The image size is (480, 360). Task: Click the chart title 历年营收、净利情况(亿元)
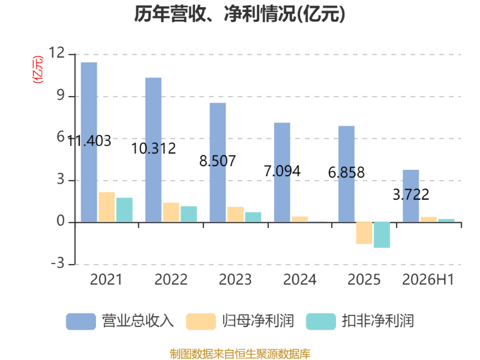click(239, 14)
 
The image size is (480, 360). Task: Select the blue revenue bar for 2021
click(89, 142)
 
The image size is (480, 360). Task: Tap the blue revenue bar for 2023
click(218, 163)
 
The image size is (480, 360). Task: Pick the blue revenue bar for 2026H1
click(411, 196)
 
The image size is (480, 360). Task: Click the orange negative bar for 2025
click(364, 233)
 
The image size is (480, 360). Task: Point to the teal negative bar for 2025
click(382, 235)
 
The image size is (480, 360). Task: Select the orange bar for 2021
click(107, 207)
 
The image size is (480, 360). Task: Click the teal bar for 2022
click(188, 214)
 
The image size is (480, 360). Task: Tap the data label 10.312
click(154, 149)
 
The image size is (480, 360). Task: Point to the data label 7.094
click(282, 171)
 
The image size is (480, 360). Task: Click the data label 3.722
click(411, 194)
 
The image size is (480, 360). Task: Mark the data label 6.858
click(346, 172)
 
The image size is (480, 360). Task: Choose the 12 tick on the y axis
click(57, 53)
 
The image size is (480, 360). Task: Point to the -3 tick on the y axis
click(58, 263)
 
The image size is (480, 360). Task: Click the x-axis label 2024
click(299, 280)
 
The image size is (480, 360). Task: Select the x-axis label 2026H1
click(428, 280)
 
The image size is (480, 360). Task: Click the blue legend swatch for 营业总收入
click(81, 322)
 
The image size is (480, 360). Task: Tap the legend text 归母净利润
click(258, 321)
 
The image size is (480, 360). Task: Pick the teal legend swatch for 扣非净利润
click(321, 322)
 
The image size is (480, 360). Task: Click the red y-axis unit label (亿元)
click(38, 70)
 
